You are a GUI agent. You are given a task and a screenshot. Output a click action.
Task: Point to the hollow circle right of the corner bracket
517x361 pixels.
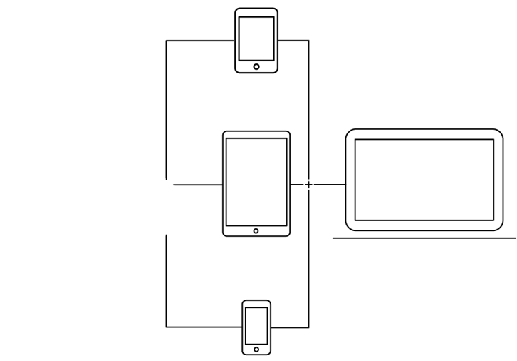(308, 185)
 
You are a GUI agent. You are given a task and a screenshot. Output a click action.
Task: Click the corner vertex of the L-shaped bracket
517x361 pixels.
(230, 143)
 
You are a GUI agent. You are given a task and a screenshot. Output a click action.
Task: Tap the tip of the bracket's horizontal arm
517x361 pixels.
(249, 143)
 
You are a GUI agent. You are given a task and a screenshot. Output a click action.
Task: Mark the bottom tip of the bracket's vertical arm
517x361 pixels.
(230, 161)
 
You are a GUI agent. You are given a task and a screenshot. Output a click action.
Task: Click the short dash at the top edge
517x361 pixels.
(256, 2)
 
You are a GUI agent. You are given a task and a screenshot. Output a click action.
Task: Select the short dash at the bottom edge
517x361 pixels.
(256, 360)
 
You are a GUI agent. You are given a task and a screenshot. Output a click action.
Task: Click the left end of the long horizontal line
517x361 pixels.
(333, 243)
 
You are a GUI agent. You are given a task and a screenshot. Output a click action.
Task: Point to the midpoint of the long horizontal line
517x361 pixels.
(424, 243)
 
